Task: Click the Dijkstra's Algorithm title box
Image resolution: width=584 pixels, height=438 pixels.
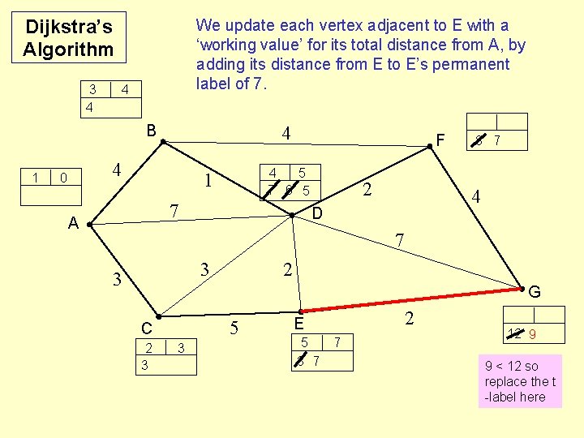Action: coord(68,37)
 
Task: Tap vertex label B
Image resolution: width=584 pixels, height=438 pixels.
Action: coord(152,130)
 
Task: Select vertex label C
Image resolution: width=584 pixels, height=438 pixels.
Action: coord(146,328)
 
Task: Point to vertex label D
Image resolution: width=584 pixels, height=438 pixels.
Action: coord(318,213)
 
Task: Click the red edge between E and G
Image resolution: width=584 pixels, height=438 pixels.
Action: coord(410,298)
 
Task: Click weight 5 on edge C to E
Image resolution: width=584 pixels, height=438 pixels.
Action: coord(234,328)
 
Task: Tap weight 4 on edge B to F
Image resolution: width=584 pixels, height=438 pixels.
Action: coord(286,132)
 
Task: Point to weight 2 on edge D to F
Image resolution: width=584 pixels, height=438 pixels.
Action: coord(367,190)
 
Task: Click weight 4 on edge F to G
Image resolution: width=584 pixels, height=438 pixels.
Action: coord(476,196)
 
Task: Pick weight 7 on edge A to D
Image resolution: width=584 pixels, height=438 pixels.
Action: coord(174,211)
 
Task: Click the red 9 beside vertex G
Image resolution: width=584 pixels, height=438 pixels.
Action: coord(532,333)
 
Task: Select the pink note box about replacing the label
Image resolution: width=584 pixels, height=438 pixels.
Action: coord(520,380)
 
